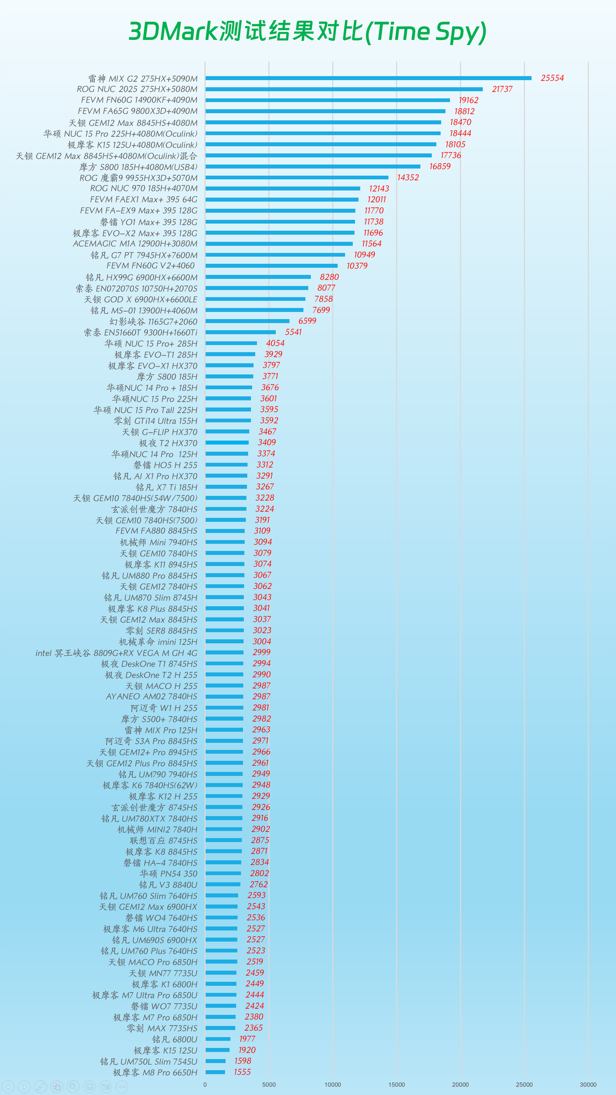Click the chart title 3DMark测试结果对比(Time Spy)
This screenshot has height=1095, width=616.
pos(307,32)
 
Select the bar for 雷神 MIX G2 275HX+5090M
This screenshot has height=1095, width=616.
pos(368,78)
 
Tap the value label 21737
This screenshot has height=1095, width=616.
pos(502,89)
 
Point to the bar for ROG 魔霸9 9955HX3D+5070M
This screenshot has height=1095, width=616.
pos(297,177)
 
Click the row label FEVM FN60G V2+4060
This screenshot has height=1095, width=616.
pos(150,266)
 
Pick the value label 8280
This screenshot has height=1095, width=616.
pos(329,277)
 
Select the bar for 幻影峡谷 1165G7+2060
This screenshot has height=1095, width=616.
pos(247,321)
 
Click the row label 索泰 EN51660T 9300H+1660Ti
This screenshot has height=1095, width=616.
pos(141,332)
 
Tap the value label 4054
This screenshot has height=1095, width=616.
pos(275,343)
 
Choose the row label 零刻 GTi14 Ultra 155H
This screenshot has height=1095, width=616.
pos(156,421)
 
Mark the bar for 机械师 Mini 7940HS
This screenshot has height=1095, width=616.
pos(225,542)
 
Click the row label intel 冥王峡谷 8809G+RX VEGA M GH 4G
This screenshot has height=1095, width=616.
pos(116,653)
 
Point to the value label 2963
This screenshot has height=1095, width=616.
pos(261,730)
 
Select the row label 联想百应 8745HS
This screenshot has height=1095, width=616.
pos(163,841)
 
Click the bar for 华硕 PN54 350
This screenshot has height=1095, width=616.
pos(223,873)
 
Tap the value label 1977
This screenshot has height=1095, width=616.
pos(247,1039)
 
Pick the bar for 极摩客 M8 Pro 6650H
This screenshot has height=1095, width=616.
pos(215,1072)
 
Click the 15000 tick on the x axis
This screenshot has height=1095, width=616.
pos(396,1085)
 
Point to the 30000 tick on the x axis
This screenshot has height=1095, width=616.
pos(588,1085)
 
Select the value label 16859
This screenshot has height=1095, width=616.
pos(440,166)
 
